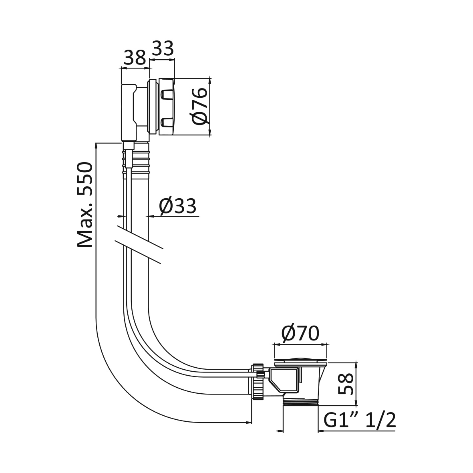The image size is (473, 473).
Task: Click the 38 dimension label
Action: [135, 58]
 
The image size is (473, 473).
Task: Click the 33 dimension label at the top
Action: [163, 48]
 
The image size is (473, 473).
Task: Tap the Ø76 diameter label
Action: [200, 106]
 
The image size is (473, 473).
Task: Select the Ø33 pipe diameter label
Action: [178, 206]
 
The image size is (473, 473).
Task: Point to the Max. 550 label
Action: [85, 205]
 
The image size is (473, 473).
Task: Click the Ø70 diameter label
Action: [300, 333]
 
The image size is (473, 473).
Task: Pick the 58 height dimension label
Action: [345, 384]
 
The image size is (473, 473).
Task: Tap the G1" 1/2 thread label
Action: [360, 420]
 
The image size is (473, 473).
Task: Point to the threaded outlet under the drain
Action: [300, 403]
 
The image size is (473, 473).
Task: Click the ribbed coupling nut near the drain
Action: [257, 382]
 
